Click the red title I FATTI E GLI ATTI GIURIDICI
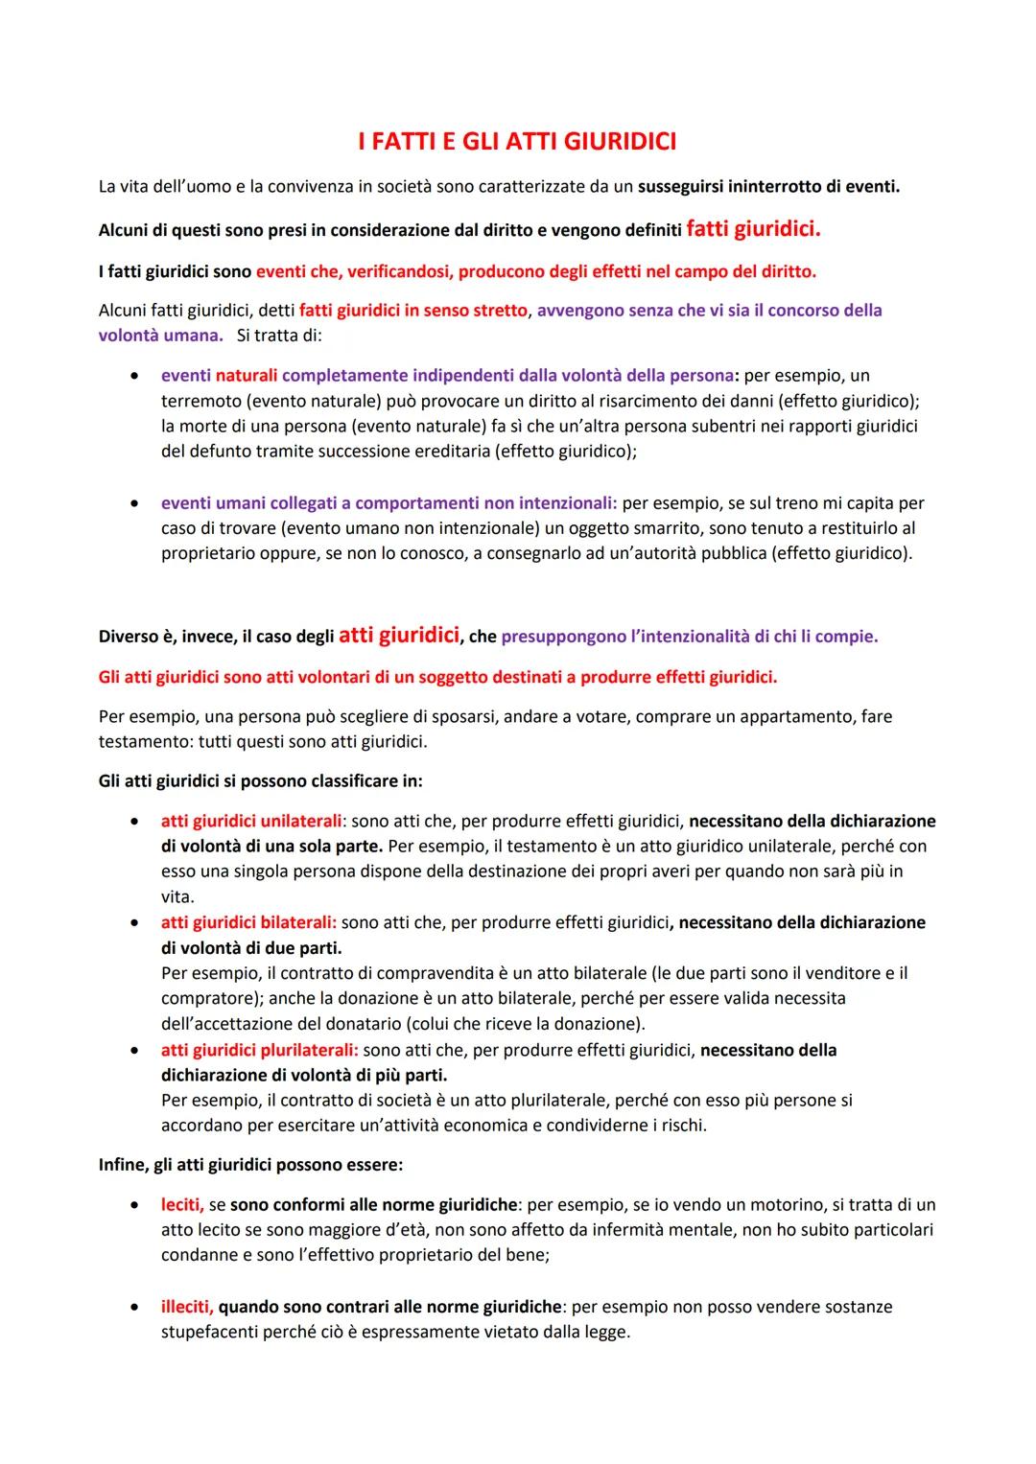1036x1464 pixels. click(x=517, y=142)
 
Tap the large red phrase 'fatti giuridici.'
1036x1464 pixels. click(x=754, y=229)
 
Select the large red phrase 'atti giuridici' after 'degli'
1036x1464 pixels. click(x=398, y=635)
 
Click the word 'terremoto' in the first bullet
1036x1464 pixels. click(x=200, y=401)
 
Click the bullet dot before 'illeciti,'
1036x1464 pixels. click(x=138, y=1307)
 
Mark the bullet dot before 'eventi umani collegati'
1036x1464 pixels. click(x=138, y=503)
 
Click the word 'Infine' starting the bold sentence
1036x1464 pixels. click(x=122, y=1165)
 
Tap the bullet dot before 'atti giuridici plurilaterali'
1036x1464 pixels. click(x=138, y=1051)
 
